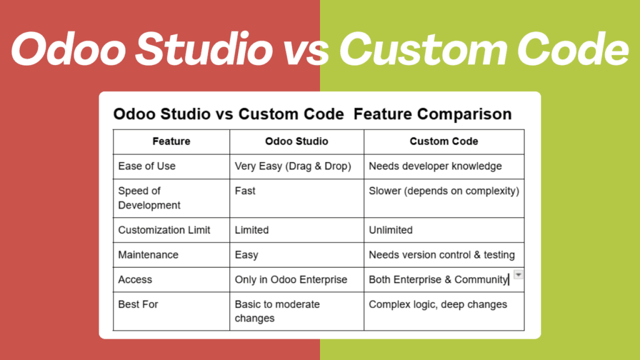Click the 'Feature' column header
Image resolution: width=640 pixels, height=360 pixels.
click(171, 141)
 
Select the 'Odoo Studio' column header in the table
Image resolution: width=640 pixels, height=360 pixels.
click(296, 141)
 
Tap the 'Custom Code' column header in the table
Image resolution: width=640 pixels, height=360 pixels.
click(444, 141)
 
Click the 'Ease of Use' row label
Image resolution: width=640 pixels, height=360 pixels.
click(147, 166)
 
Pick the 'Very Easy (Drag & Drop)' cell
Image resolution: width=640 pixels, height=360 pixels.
click(293, 166)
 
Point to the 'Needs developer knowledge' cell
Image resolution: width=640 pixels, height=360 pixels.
click(435, 166)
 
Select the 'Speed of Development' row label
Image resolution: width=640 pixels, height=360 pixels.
click(149, 197)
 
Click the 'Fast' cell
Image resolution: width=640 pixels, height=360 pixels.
click(245, 191)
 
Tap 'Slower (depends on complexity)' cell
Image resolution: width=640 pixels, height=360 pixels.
click(444, 191)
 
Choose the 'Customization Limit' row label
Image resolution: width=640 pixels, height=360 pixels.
click(164, 230)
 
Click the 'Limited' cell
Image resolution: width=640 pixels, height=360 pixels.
click(252, 230)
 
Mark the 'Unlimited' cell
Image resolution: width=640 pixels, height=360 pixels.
click(391, 230)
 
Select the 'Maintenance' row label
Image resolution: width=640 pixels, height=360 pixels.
click(148, 255)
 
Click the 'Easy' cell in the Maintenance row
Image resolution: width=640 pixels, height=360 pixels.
click(246, 255)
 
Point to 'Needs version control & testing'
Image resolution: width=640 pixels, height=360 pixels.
click(442, 255)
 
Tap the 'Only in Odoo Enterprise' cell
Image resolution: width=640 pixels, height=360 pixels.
click(291, 279)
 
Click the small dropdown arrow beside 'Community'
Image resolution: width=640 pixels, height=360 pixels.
click(518, 275)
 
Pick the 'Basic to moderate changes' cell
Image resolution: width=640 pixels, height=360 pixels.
click(277, 311)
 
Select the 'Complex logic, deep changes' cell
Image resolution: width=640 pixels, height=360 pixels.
click(437, 304)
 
